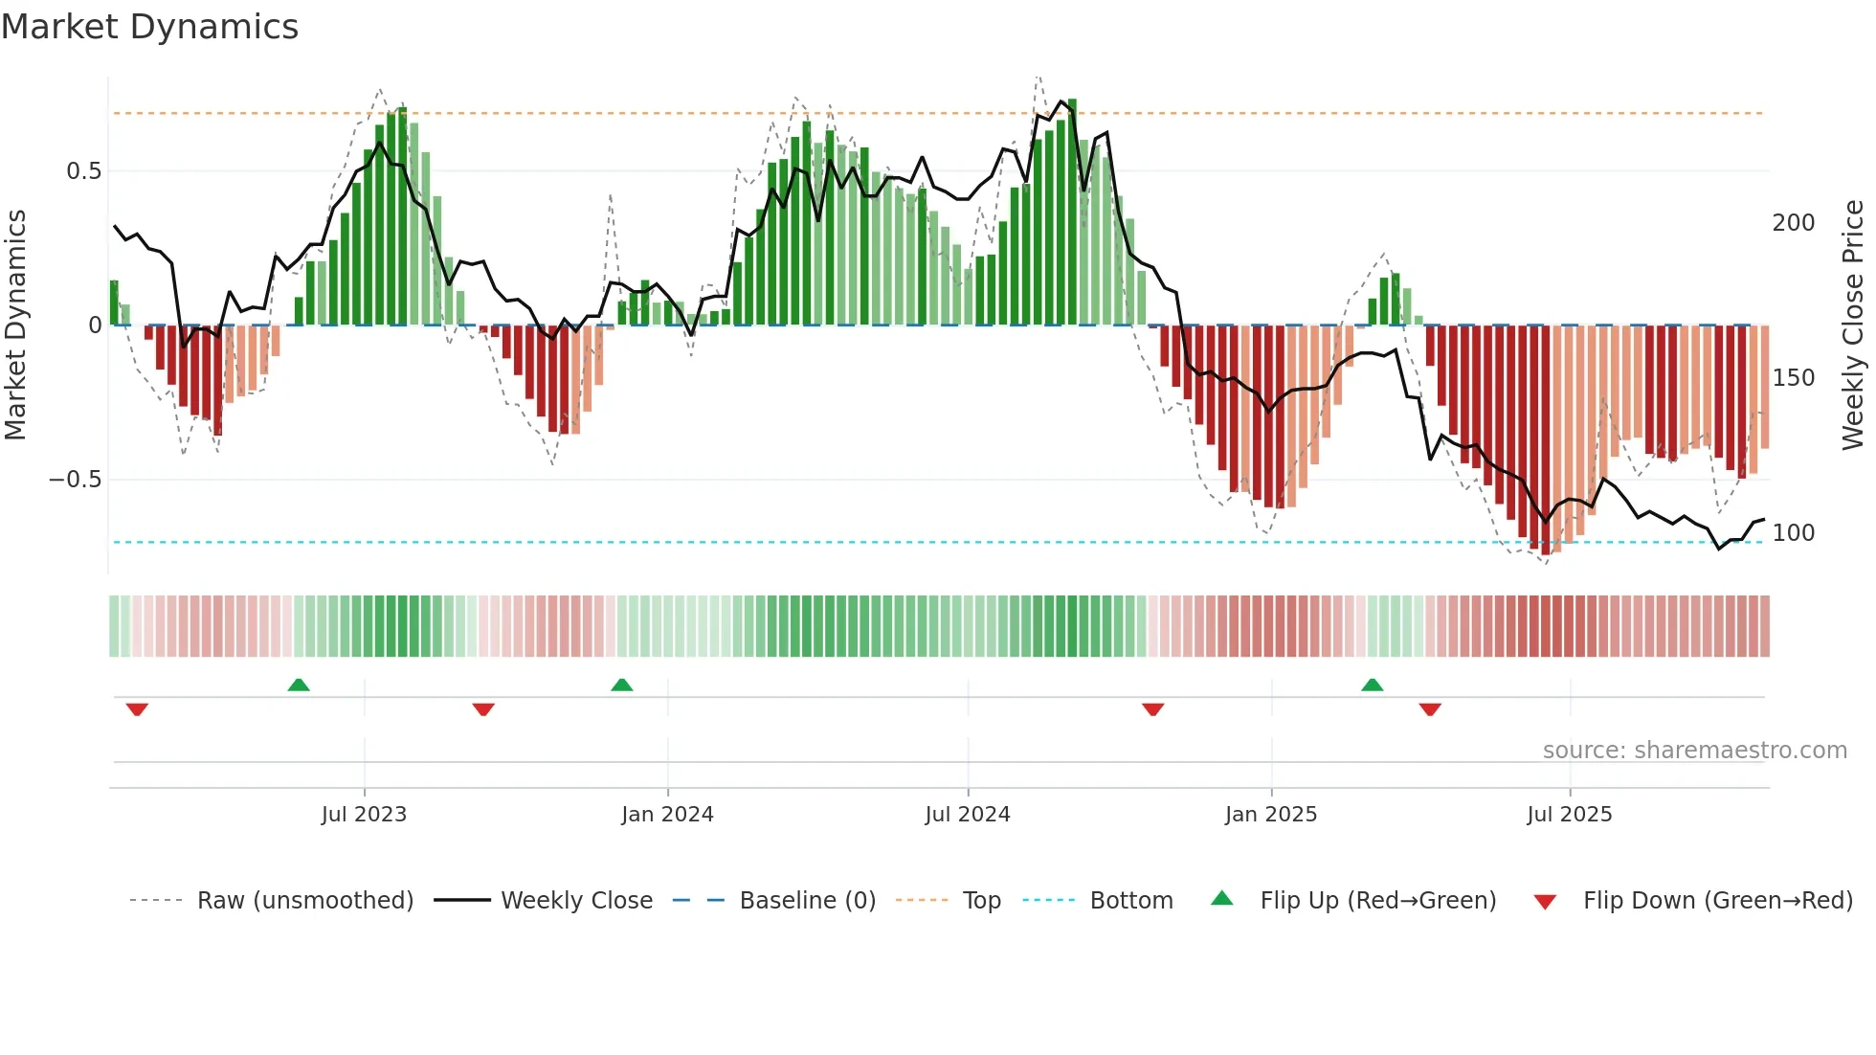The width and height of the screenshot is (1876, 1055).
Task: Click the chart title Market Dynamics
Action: (149, 27)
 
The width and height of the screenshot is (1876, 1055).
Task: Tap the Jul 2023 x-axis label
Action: (364, 815)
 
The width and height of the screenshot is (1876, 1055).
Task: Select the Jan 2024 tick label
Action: (667, 815)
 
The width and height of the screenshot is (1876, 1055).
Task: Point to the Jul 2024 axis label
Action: (968, 815)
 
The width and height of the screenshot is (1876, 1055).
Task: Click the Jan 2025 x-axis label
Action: (1271, 815)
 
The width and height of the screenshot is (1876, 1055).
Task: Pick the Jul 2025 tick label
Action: (1570, 815)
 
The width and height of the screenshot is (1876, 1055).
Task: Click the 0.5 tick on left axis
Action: (83, 171)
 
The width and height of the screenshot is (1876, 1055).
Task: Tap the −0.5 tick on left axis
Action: (75, 480)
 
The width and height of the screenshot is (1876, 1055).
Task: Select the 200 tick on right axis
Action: (1794, 223)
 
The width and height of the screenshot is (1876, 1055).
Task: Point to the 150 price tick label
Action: (1794, 378)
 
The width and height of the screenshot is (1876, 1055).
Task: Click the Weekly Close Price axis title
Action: (1853, 325)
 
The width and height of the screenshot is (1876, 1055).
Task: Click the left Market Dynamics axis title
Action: (15, 325)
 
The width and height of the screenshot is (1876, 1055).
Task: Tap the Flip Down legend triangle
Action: (1545, 902)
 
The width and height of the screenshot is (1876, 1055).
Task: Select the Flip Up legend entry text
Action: (1377, 901)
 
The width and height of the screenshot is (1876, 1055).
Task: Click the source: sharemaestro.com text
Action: (1694, 751)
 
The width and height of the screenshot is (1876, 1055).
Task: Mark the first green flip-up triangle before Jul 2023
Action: (299, 685)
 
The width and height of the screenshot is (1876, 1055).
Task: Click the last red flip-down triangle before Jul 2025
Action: (1430, 709)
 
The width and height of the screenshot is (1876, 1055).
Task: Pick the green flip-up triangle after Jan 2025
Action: (1372, 685)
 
